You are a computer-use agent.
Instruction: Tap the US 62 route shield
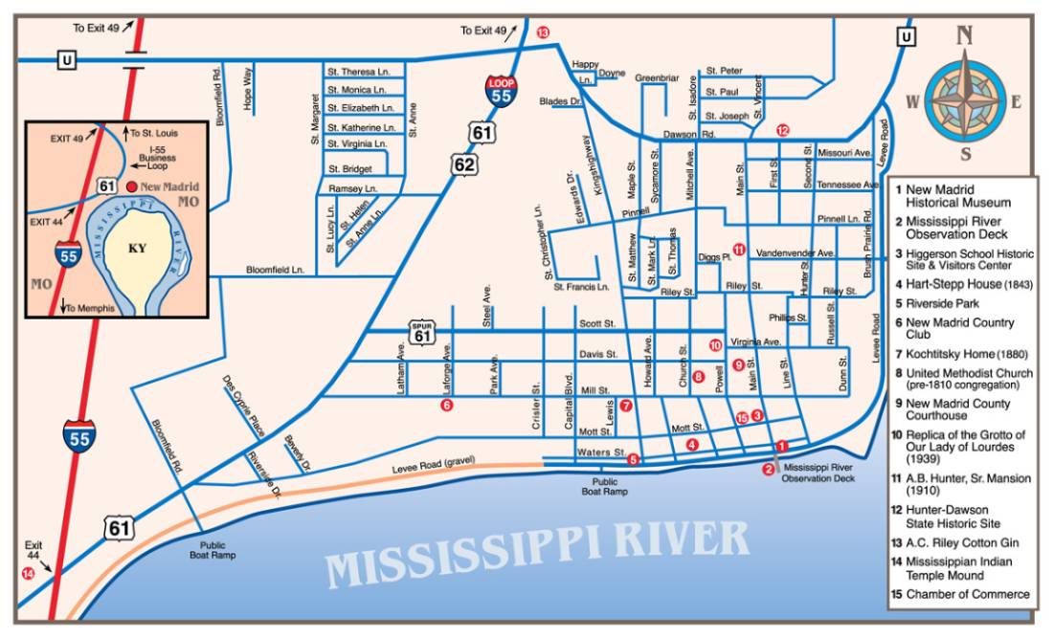[464, 165]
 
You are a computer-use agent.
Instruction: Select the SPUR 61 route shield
[421, 332]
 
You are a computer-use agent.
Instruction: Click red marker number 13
[544, 33]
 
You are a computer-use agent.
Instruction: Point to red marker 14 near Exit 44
[27, 574]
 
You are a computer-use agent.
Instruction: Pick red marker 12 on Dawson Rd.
[782, 130]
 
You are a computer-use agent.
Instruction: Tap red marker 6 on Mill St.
[446, 406]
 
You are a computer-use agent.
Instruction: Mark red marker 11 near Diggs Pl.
[738, 248]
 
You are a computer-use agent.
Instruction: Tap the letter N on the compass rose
[965, 35]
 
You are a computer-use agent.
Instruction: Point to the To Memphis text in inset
[87, 307]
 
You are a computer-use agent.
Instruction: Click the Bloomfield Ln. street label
[275, 271]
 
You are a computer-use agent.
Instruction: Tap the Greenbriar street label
[657, 77]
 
